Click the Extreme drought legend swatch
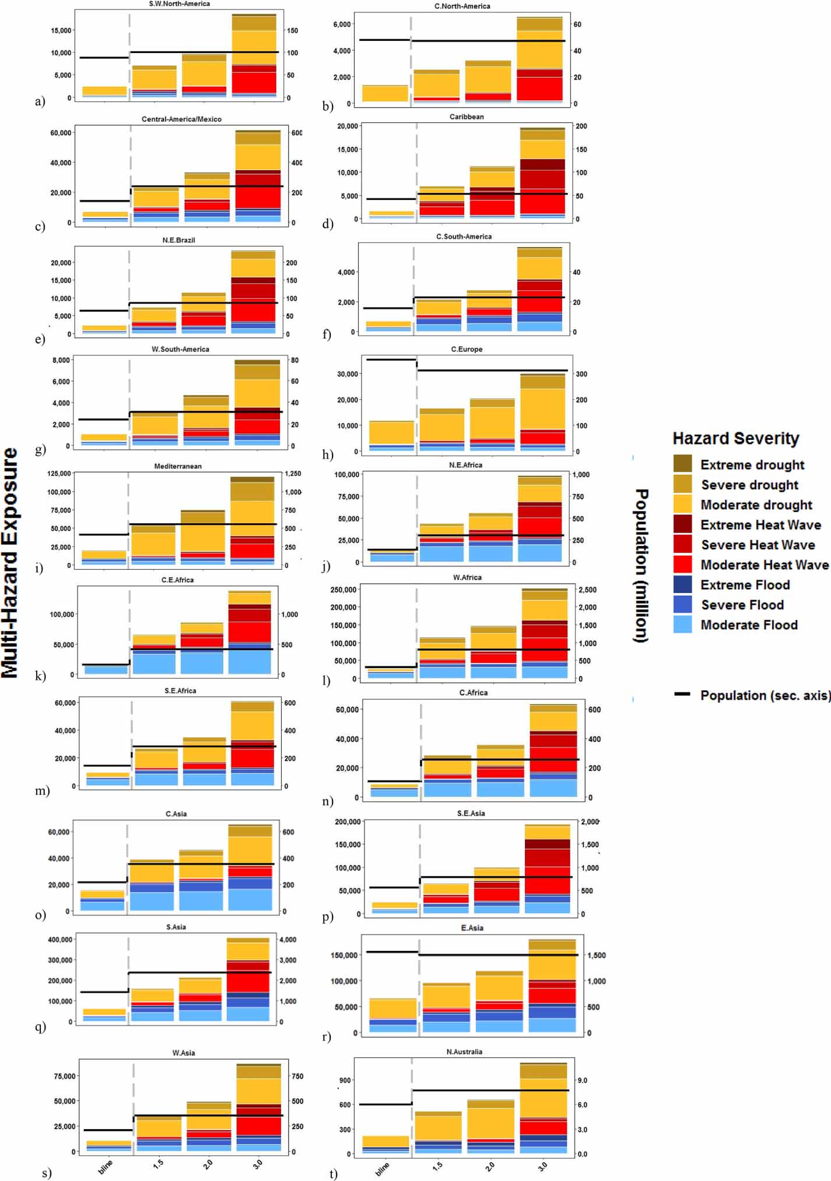click(682, 464)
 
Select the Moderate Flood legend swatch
click(682, 625)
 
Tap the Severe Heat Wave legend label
click(758, 545)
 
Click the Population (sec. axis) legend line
click(682, 695)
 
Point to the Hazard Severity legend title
click(735, 438)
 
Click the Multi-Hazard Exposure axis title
click(10, 562)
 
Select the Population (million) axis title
click(641, 565)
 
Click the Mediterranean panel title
click(178, 466)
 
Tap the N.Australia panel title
click(464, 1052)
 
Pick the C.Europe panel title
click(467, 349)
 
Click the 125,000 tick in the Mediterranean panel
click(59, 474)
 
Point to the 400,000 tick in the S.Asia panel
click(60, 940)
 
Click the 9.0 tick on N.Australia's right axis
click(582, 1080)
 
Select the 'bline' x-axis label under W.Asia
click(106, 1167)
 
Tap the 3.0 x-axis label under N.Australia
click(542, 1166)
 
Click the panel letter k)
click(40, 676)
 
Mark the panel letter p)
click(328, 916)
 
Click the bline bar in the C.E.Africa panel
click(106, 669)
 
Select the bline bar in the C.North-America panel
click(385, 93)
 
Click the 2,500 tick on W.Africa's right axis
click(587, 590)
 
